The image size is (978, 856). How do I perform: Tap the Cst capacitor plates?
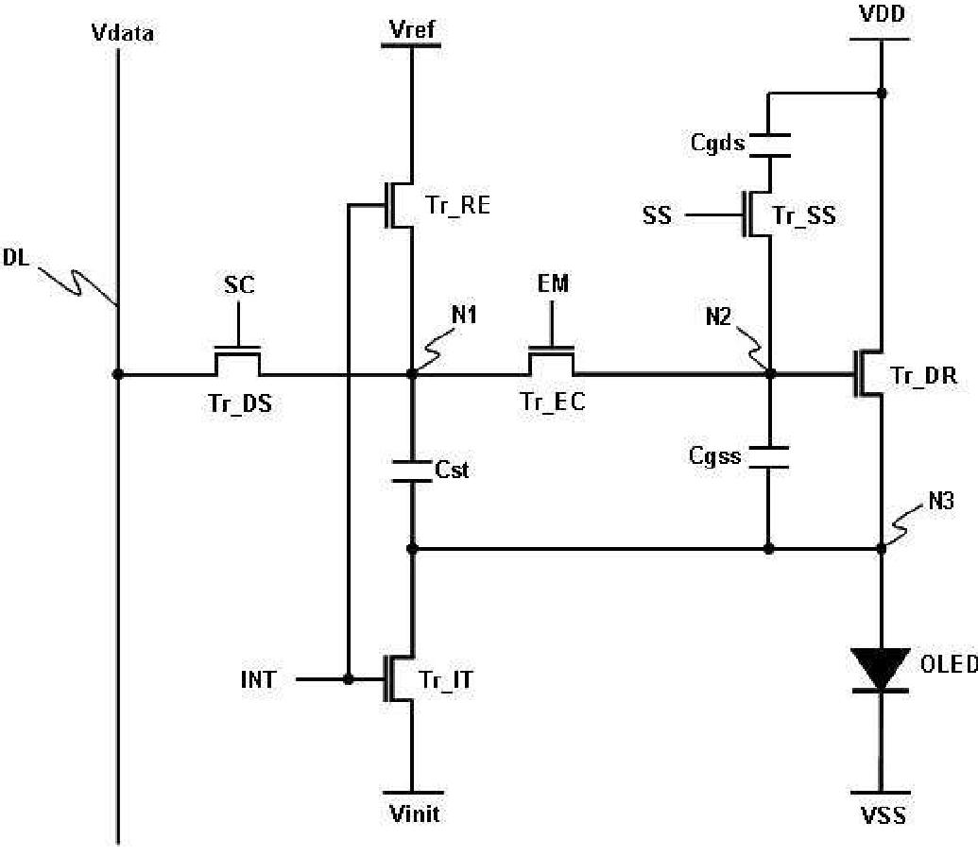(x=412, y=471)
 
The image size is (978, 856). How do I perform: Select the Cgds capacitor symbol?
(x=769, y=145)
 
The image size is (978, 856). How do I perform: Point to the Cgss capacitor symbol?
(x=769, y=457)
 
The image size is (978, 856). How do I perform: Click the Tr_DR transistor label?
(x=923, y=376)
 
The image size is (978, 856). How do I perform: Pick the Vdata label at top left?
(x=122, y=32)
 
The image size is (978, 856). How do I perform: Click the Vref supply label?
(x=412, y=28)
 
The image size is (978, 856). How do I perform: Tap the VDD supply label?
(x=882, y=14)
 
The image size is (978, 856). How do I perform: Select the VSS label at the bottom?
(x=884, y=815)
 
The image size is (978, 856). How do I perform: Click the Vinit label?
(x=414, y=813)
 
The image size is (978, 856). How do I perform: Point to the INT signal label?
(x=258, y=679)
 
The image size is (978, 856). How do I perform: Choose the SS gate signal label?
(x=657, y=215)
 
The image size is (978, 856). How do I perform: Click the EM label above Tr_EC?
(x=553, y=283)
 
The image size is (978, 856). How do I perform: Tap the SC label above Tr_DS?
(x=239, y=285)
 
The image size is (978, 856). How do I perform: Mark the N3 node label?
(x=941, y=501)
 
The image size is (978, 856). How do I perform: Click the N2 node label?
(x=718, y=317)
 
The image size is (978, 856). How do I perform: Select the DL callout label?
(x=16, y=258)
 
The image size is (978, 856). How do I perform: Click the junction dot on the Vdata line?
(x=117, y=374)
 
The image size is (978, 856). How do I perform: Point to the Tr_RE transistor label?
(x=457, y=205)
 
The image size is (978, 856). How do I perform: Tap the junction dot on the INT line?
(x=348, y=679)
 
